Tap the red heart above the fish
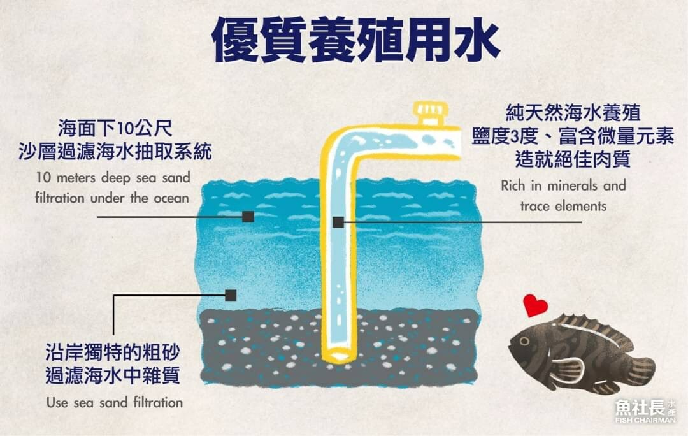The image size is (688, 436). (535, 305)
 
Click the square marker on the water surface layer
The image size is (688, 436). (248, 217)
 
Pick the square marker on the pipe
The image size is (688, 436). (338, 222)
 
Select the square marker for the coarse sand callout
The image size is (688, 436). (231, 295)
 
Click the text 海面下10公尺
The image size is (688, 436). (115, 126)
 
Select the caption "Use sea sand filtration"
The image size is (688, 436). (115, 402)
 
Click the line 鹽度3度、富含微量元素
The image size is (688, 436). (573, 137)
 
